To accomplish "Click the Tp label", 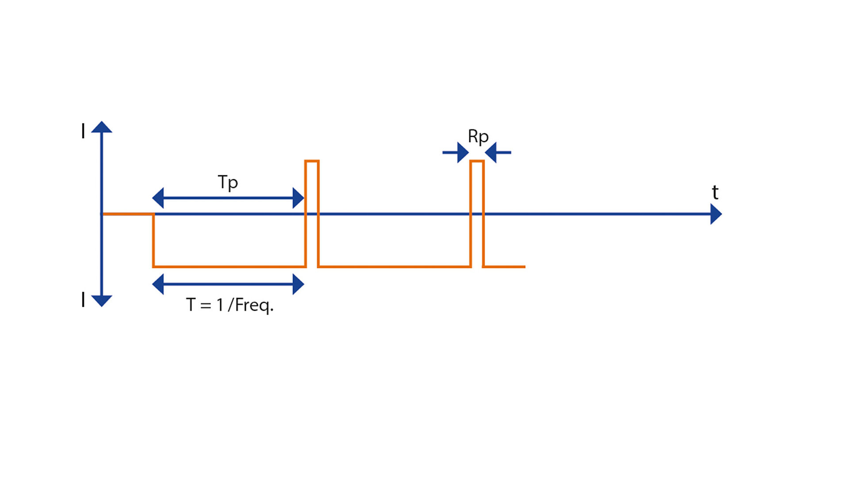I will (228, 182).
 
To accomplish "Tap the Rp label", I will (478, 136).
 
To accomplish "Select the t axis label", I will (715, 193).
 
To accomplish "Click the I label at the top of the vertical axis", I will (83, 131).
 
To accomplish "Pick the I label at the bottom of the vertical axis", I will (83, 300).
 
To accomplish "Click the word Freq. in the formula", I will (254, 305).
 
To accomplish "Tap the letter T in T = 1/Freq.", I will (191, 305).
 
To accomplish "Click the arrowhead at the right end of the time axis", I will (716, 214).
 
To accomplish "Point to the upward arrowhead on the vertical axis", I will (102, 127).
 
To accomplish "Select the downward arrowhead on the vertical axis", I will (102, 301).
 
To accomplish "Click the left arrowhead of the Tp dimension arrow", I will (158, 198).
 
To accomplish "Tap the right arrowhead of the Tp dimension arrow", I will (298, 198).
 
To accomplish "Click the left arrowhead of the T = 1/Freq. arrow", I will (158, 284).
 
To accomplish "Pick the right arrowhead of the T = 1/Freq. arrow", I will (298, 284).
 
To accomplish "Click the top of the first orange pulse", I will (312, 161).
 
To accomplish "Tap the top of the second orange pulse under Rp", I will (477, 161).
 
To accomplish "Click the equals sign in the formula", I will (206, 305).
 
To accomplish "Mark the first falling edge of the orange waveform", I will (153, 240).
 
